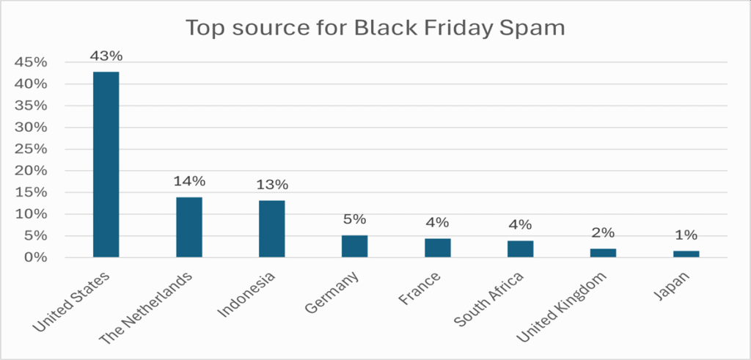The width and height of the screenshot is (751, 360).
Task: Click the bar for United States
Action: coord(106,164)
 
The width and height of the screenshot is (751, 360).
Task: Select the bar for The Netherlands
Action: coord(189,227)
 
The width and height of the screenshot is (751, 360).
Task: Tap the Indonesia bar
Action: coord(272,229)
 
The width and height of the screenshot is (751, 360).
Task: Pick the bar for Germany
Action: coord(354,246)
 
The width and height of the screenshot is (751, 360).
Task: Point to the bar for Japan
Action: coord(686,254)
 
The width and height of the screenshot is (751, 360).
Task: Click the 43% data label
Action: coord(106,56)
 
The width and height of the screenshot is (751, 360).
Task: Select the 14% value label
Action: coord(189,181)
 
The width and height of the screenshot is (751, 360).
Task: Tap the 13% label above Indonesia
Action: coord(271,185)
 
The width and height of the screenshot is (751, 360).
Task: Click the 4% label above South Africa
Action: coord(521,225)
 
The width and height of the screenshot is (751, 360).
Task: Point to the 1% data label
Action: coord(686,235)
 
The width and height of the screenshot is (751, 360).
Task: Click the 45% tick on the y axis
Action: coord(32,62)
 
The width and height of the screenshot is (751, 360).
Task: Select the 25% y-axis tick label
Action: coord(32,149)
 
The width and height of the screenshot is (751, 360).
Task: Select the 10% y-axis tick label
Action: coord(32,214)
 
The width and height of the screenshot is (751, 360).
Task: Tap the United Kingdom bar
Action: coord(604,253)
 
